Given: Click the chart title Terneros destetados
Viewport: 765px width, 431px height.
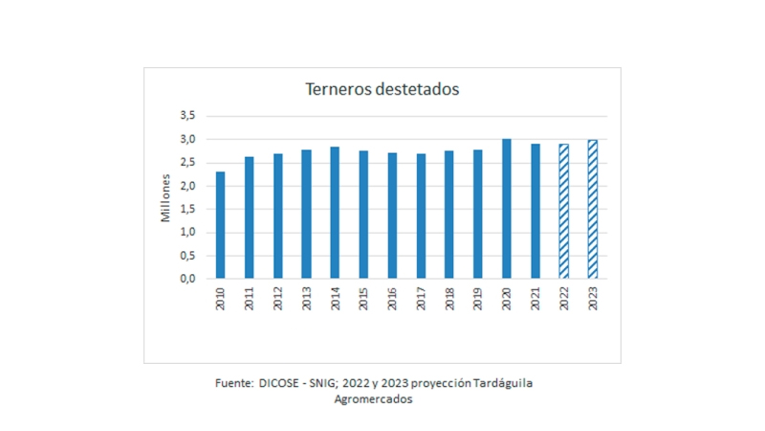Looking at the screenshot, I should (x=382, y=89).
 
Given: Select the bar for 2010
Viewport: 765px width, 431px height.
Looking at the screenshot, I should (x=221, y=225).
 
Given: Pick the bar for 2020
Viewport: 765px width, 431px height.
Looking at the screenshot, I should (x=507, y=209).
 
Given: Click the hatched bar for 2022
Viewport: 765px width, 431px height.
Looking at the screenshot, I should (x=564, y=212).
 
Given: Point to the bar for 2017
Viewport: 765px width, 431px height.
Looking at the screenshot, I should (x=421, y=216).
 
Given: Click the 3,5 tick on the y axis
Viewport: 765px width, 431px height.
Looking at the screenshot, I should (x=187, y=116).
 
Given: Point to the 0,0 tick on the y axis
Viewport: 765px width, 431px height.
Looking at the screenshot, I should (x=187, y=279).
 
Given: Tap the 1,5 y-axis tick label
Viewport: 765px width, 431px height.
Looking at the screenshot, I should (x=187, y=209).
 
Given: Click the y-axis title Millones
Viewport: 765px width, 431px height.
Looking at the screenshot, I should (x=164, y=197).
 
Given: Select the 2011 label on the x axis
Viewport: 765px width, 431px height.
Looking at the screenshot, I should (x=250, y=297).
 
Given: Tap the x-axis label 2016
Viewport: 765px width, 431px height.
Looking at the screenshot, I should (x=392, y=297).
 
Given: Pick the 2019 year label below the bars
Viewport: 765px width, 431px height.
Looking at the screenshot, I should (x=478, y=297).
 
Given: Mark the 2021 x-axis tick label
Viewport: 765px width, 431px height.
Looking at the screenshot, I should (x=535, y=297).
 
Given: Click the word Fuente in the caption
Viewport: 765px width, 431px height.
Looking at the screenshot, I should (x=234, y=383).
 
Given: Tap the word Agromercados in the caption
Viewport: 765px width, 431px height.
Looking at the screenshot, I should (x=374, y=399).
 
